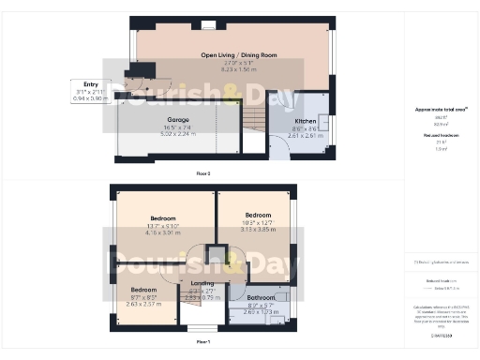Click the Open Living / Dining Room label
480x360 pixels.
pyautogui.click(x=239, y=55)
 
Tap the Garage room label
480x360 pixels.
pyautogui.click(x=178, y=121)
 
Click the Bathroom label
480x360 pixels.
pyautogui.click(x=262, y=298)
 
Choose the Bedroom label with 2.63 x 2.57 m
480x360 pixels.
pyautogui.click(x=143, y=290)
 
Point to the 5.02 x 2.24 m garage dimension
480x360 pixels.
pyautogui.click(x=178, y=134)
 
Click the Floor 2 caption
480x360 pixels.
pyautogui.click(x=202, y=173)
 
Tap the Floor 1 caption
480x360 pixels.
pyautogui.click(x=202, y=342)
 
